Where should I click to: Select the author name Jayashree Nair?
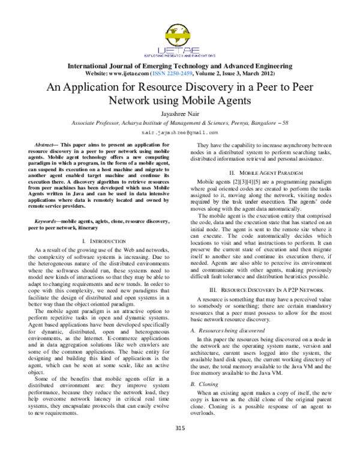tap(179, 111)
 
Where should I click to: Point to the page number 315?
tap(179, 445)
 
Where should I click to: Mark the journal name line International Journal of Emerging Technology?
tap(179, 65)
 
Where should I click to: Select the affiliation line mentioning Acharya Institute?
tap(179, 121)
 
